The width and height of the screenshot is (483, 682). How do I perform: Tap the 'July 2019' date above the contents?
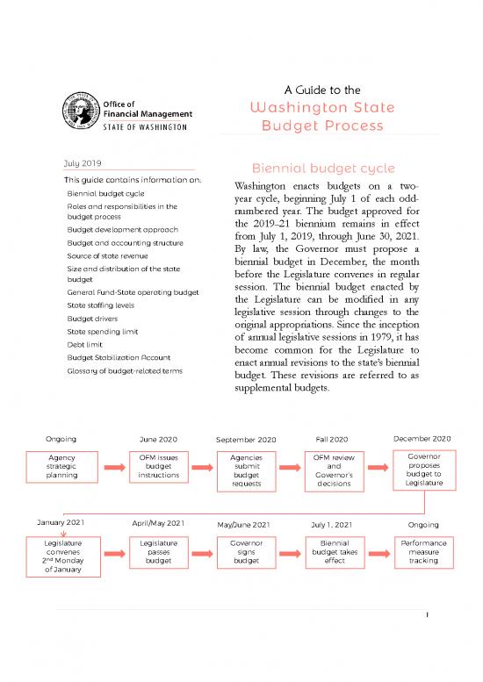click(81, 162)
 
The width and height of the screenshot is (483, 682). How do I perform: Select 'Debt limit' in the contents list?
click(84, 345)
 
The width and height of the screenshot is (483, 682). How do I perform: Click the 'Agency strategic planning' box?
click(63, 466)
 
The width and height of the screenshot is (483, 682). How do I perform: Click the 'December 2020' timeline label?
click(422, 438)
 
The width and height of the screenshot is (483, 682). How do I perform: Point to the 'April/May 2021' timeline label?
click(158, 523)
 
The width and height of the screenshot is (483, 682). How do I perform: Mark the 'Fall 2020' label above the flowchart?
click(332, 439)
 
